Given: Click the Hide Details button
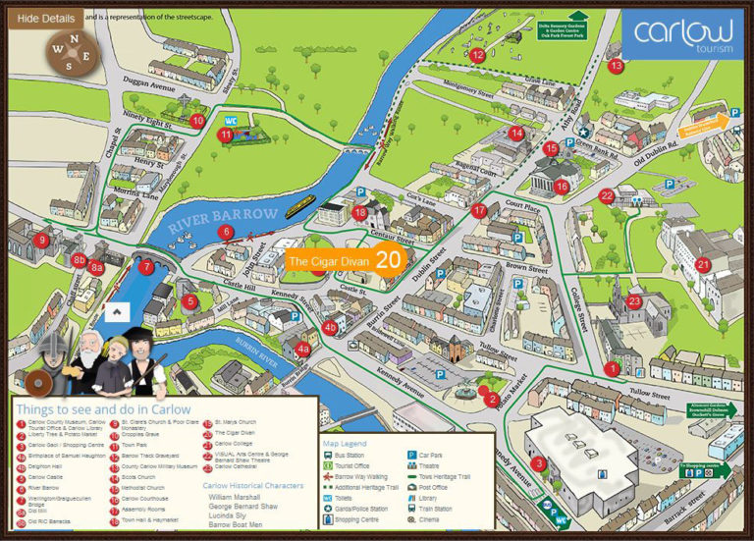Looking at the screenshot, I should click(42, 17).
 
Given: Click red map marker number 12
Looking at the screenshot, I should click(477, 55).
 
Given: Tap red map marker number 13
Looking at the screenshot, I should click(616, 66).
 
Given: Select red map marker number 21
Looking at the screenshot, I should click(703, 264).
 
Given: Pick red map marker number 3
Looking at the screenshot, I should click(538, 464).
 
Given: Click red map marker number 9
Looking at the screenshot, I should click(40, 239).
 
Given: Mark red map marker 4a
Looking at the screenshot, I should click(303, 348).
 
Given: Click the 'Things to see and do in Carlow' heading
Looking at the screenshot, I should click(101, 408).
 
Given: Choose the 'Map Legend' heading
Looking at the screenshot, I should click(346, 442).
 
